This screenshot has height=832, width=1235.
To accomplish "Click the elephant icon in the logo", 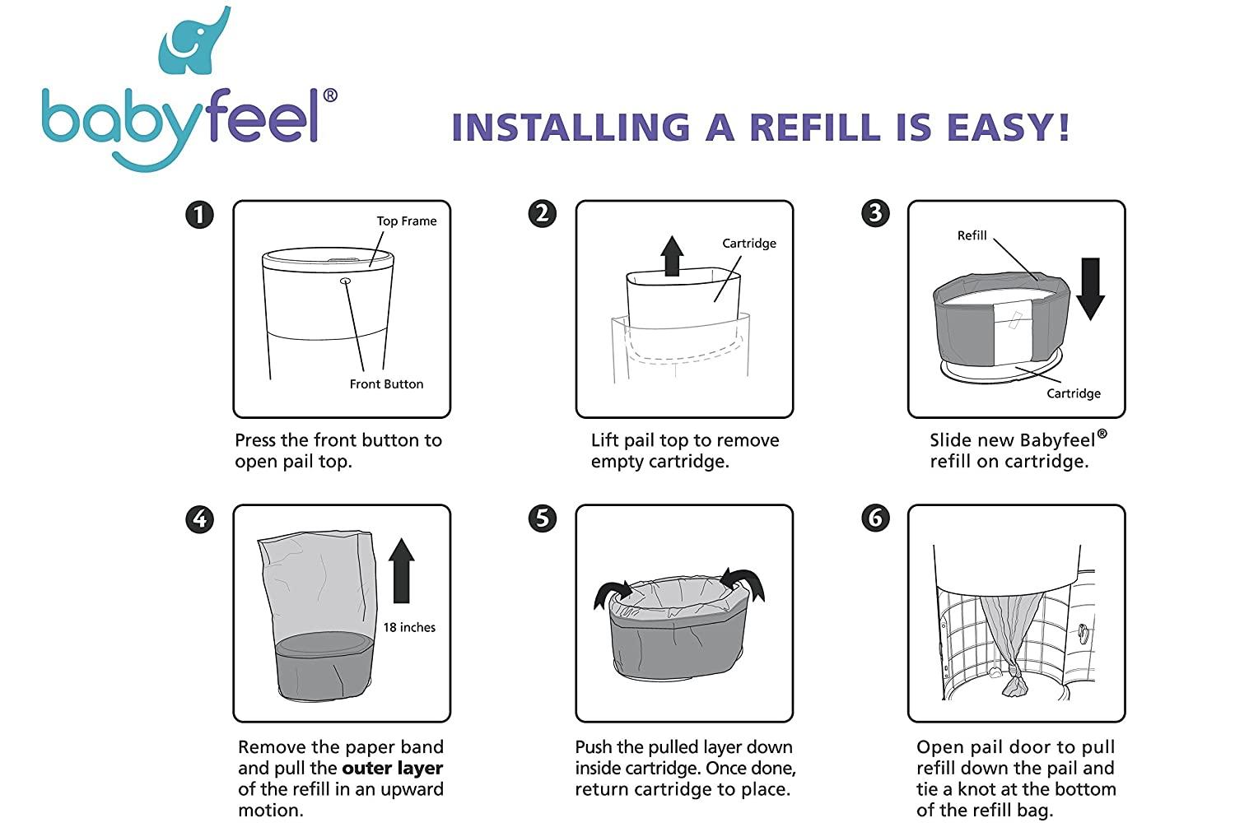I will [x=194, y=41].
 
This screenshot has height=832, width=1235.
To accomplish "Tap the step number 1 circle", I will [x=199, y=215].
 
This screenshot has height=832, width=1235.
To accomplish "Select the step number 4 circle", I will [x=199, y=519].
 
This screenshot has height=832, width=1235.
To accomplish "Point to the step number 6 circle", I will [x=875, y=518].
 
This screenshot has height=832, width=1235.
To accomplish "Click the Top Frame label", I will [x=406, y=221].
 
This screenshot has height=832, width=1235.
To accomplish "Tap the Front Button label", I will [x=386, y=384].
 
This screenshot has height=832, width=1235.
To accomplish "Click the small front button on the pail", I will [x=345, y=281].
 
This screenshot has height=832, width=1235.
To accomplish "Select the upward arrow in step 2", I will [x=672, y=256].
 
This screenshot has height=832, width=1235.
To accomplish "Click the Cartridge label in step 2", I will [x=748, y=244].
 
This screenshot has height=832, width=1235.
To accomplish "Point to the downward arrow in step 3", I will [x=1090, y=289].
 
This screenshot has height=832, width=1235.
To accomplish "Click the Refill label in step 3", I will [x=972, y=236].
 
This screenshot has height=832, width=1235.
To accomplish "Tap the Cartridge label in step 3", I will [x=1073, y=393].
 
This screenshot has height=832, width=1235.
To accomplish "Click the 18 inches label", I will [x=409, y=628].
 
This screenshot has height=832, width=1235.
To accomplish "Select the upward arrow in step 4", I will [x=401, y=570].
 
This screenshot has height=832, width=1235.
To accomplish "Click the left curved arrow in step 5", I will [x=612, y=593].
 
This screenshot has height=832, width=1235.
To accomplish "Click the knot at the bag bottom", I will [x=1014, y=682].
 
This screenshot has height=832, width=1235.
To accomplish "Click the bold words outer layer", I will [x=393, y=769].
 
